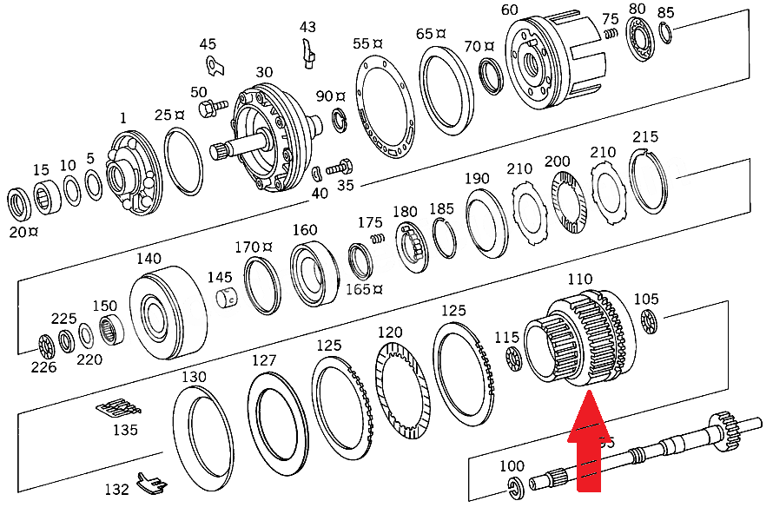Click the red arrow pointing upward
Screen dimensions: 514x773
(589, 444)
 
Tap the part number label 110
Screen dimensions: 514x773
(580, 280)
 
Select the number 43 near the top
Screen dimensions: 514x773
(308, 27)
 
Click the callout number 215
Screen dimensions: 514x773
(645, 137)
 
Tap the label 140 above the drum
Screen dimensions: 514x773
(149, 259)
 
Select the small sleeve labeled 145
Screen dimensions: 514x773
(228, 299)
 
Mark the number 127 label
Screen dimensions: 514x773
(264, 360)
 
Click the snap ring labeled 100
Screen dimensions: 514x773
(513, 489)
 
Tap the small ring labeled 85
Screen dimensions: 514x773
(664, 33)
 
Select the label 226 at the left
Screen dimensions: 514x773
(43, 367)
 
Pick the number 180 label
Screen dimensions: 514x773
(405, 212)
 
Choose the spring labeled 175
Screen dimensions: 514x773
(376, 238)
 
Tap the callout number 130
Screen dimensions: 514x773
(194, 377)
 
